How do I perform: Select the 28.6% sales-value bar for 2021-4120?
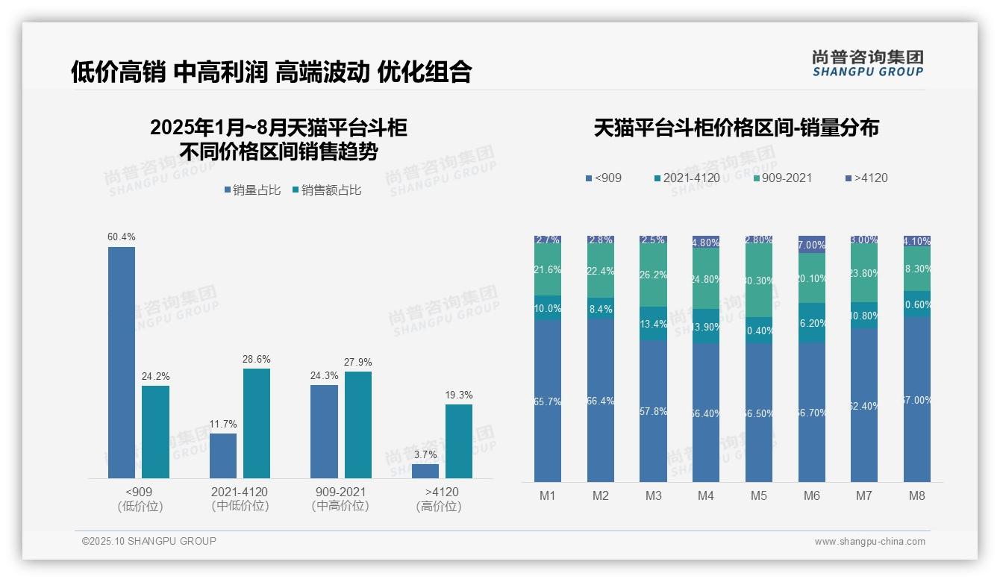[x=256, y=423]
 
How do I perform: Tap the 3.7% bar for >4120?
[x=425, y=471]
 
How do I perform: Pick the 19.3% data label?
[x=460, y=395]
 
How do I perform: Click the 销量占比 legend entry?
[x=252, y=190]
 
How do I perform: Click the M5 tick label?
[x=758, y=495]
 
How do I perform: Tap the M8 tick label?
[x=917, y=495]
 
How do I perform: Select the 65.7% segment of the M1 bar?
[x=547, y=401]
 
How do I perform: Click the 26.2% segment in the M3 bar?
[x=653, y=275]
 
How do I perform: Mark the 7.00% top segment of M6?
[x=812, y=244]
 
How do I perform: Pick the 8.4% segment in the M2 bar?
[x=600, y=308]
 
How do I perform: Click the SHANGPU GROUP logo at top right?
[x=867, y=63]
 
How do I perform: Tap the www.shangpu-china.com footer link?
[x=869, y=542]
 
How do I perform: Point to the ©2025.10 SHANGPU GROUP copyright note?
[x=149, y=541]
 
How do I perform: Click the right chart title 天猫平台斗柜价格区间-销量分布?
[x=736, y=128]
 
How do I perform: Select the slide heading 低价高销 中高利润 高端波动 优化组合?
[x=272, y=72]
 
